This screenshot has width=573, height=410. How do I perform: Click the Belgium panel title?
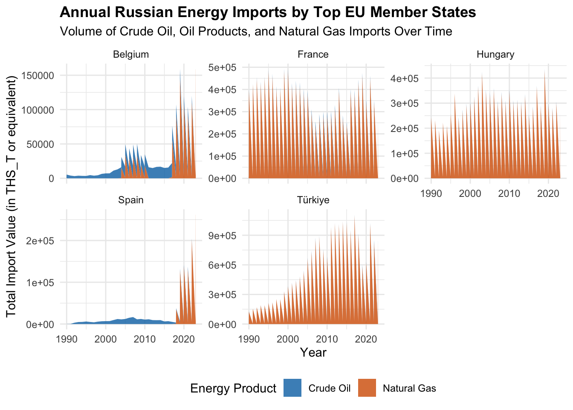point(131,55)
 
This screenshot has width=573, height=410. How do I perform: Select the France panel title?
point(313,55)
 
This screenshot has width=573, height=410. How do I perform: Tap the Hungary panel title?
point(495,55)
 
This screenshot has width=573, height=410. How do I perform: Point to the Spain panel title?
point(131,200)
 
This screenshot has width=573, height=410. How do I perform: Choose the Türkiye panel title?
point(313,200)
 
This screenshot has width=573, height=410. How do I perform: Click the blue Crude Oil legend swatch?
point(292,388)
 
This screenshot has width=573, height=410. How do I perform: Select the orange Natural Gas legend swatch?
point(367,388)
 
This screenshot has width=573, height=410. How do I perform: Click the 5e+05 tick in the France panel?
point(222,67)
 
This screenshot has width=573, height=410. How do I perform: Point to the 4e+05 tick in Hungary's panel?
point(405,79)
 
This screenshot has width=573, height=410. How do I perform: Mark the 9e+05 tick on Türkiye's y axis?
point(222,236)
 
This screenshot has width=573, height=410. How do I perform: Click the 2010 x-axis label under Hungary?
point(509,193)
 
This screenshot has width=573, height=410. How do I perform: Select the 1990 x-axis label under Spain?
point(67,340)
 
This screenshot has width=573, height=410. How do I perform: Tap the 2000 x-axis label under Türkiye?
point(288,340)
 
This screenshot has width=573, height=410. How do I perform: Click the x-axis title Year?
point(313,353)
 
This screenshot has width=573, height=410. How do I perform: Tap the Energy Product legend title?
point(233,388)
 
